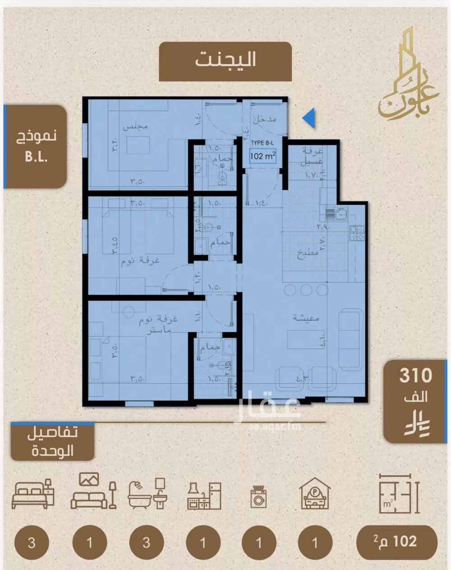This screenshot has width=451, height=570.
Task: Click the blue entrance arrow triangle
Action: [x=309, y=119]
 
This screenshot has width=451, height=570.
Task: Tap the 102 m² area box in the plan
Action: [x=262, y=156]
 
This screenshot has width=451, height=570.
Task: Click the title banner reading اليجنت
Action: [x=225, y=61]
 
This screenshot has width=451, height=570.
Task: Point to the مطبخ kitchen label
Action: [x=308, y=253]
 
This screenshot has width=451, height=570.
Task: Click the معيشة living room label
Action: [x=306, y=318]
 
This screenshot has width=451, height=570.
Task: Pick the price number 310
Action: [x=415, y=375]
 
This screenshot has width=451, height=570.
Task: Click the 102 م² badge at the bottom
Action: [x=396, y=542]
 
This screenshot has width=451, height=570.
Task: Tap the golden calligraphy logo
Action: [x=400, y=77]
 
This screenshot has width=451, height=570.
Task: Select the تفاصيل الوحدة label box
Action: [x=52, y=441]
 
